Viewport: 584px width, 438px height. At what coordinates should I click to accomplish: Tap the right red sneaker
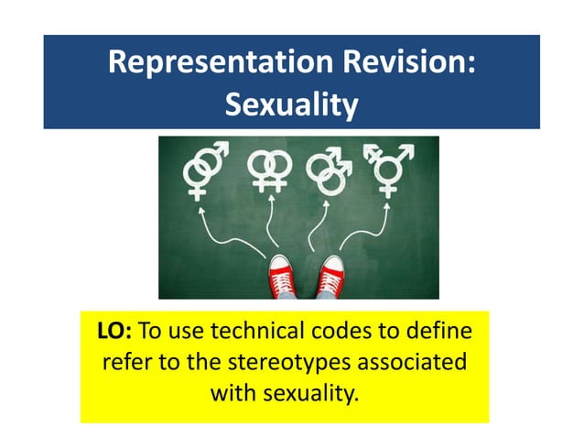click(330, 274)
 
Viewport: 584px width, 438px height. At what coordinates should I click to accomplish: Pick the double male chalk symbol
click(328, 170)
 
